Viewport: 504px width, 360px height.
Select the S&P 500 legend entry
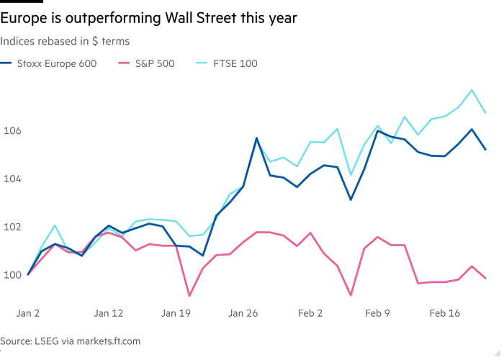tap(144, 63)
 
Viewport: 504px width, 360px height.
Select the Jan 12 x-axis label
tap(108, 313)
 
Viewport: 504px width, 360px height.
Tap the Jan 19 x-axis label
tap(176, 313)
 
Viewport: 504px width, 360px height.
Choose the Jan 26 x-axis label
tap(243, 313)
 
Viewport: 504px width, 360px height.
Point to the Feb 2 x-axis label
tap(310, 313)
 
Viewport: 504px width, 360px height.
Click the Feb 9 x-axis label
tap(377, 313)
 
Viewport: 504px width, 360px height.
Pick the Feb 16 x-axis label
tap(445, 313)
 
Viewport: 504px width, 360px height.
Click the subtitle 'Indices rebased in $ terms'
tap(66, 42)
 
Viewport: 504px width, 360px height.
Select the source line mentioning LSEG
tap(71, 340)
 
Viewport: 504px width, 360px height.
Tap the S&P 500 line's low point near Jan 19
tap(189, 294)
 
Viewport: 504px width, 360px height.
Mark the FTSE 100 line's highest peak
tap(472, 89)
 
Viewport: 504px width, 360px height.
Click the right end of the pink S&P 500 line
tap(485, 278)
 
